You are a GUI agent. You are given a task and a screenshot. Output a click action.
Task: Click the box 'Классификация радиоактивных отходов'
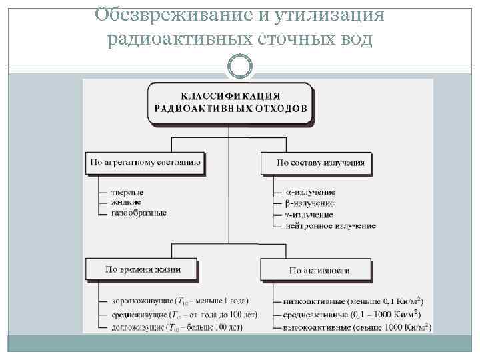coord(230,103)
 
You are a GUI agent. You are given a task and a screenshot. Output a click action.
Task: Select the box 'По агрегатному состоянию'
coord(145,162)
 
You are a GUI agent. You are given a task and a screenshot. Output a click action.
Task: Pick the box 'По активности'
coord(319,270)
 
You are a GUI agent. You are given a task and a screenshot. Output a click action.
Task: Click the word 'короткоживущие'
coord(137,300)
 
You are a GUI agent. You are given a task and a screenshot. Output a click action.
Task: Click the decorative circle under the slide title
coord(240,67)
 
